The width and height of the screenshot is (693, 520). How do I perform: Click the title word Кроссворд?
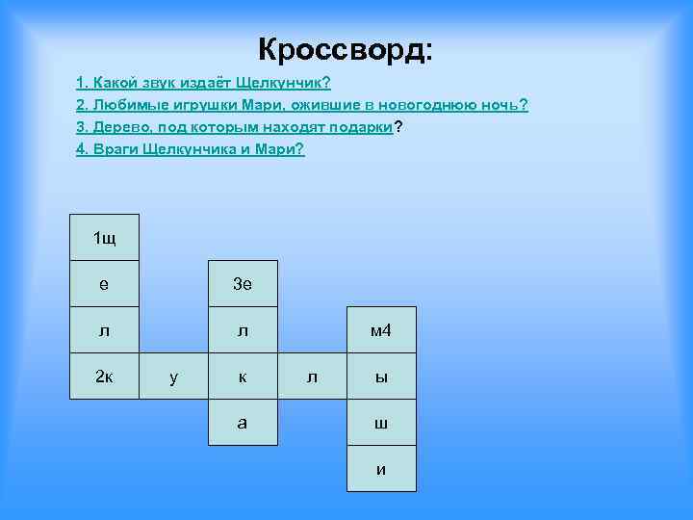tap(345, 48)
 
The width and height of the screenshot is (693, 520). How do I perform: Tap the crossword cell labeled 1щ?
tap(104, 238)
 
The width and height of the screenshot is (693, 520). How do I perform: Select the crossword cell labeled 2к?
tap(104, 377)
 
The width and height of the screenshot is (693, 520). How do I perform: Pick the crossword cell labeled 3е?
tap(243, 284)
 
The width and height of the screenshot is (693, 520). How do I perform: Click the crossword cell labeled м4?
tap(381, 330)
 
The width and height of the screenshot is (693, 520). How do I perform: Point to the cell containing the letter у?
tap(173, 377)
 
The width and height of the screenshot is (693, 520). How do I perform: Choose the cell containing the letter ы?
tap(381, 377)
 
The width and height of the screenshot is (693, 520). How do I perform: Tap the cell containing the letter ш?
tap(381, 423)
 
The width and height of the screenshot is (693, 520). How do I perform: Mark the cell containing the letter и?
tap(381, 469)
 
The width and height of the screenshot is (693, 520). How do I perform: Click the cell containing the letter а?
tap(243, 423)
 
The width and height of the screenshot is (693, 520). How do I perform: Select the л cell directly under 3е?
tap(243, 330)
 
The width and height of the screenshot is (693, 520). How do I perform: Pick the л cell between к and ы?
tap(312, 377)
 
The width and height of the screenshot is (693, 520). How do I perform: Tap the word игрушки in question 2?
tap(195, 105)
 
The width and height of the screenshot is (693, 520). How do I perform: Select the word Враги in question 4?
tap(115, 149)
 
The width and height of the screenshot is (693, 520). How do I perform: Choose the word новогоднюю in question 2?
tap(423, 105)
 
